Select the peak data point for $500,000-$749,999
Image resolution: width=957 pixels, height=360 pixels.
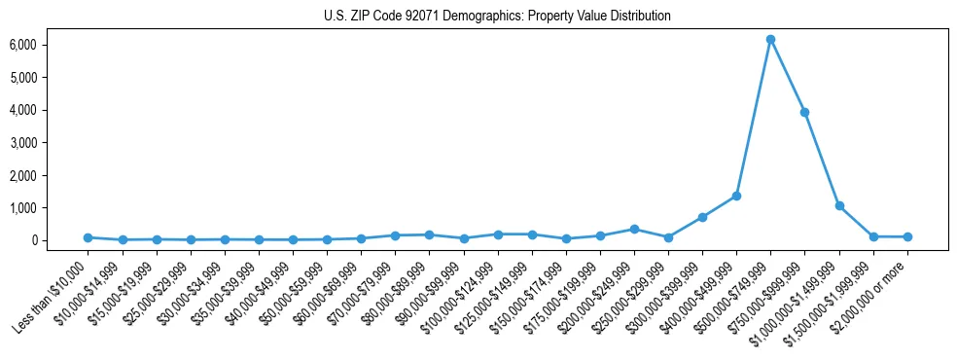[770, 40]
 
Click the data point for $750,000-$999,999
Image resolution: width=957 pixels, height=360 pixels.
[804, 112]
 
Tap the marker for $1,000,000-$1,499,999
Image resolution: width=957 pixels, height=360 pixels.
[839, 206]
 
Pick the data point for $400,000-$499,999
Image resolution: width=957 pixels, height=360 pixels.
[736, 196]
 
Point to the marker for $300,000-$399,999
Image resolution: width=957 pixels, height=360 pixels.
[702, 217]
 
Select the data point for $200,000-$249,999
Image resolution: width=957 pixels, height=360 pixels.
[634, 230]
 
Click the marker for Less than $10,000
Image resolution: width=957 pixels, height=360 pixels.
[88, 237]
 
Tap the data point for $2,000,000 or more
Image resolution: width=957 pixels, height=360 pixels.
[907, 236]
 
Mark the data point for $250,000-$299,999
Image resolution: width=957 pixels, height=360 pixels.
[668, 237]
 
